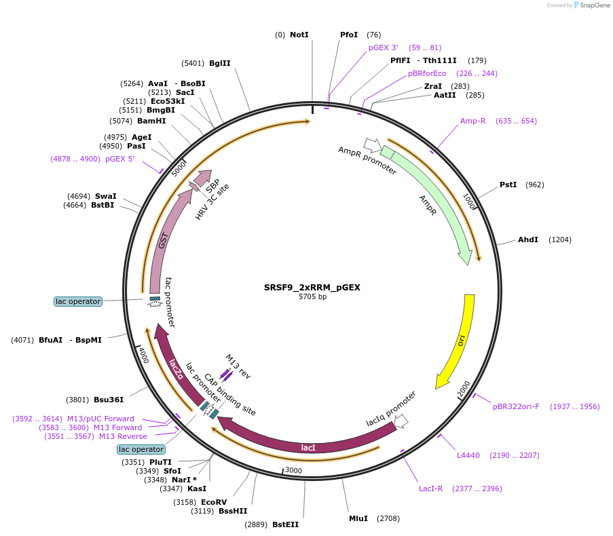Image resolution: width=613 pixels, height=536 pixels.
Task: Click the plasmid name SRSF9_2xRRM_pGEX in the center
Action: (x=312, y=287)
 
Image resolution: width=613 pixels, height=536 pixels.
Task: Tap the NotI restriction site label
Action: (x=299, y=35)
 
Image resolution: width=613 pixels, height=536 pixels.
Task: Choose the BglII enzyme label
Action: (x=219, y=63)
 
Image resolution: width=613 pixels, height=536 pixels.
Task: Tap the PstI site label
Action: (x=508, y=185)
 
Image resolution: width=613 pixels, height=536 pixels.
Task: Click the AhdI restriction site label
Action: (x=528, y=240)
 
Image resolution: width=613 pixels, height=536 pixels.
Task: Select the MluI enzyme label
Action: (x=358, y=518)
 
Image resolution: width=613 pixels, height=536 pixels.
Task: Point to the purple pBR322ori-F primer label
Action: (x=517, y=406)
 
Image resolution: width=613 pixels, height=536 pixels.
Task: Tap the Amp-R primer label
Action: (x=473, y=121)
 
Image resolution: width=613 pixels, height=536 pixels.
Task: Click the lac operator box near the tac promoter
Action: (x=78, y=301)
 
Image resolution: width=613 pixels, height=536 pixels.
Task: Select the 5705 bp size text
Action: (x=312, y=297)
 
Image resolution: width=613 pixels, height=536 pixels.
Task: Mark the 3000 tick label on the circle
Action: (x=293, y=470)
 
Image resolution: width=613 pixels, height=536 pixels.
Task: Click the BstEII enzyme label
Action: (x=285, y=524)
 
